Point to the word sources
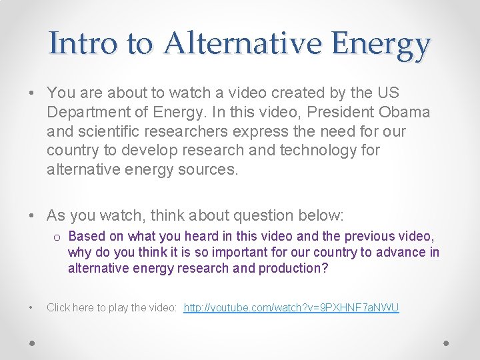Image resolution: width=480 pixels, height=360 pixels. tap(206, 170)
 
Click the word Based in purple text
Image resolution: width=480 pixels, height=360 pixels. tap(85, 236)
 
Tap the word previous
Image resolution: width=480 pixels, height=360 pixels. tap(383, 236)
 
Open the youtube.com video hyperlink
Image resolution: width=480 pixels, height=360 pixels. tap(291, 307)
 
